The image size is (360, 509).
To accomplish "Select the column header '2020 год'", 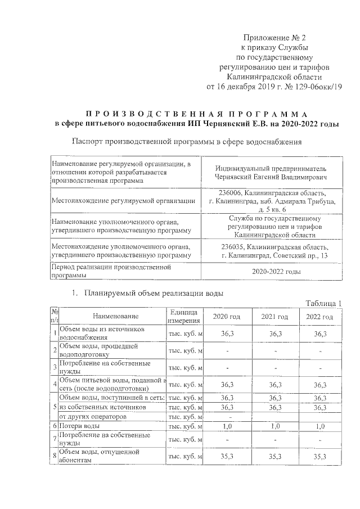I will coord(227,317).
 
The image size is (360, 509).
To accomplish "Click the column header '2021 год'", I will coord(275,317).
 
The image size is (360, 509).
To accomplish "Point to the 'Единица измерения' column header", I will coord(183,316).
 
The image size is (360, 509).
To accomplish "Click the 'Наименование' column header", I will coord(116,317).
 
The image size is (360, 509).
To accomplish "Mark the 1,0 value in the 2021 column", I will coord(276,426).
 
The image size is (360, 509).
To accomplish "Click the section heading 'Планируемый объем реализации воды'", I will coord(154,293).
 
